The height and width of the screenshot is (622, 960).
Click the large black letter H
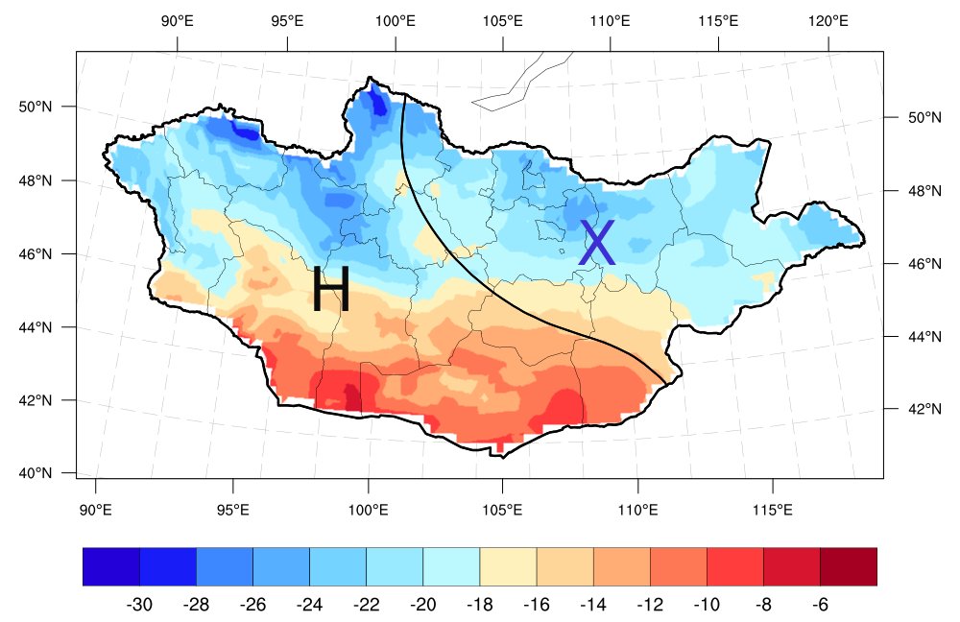[x=330, y=289]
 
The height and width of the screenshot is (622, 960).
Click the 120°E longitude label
[x=828, y=20]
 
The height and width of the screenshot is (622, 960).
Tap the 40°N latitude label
[x=36, y=473]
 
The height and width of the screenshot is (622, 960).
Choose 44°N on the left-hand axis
[x=36, y=327]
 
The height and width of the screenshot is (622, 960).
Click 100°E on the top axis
[x=395, y=20]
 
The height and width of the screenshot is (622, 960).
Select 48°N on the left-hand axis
[x=36, y=180]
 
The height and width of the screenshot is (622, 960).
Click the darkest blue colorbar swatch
[x=111, y=566]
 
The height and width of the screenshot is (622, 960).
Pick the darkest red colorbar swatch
[x=849, y=566]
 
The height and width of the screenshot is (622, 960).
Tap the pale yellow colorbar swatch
[x=508, y=566]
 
